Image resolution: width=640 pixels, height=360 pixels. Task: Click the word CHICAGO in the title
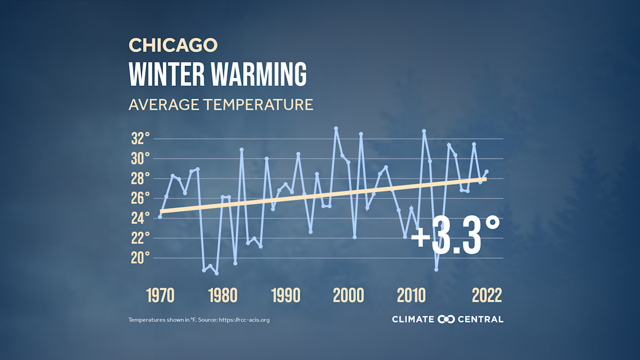173,45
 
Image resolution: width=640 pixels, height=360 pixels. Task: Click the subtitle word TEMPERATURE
258,105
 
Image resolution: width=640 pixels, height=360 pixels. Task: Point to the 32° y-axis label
140,139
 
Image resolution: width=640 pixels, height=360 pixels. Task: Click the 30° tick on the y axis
140,159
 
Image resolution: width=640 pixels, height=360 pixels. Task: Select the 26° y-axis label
140,198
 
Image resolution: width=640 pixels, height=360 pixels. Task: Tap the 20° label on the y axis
140,258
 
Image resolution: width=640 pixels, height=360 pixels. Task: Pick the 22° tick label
140,238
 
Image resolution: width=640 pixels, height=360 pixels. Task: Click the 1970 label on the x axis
160,295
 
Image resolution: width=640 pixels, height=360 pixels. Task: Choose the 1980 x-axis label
223,295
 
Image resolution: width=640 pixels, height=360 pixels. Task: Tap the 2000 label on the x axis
348,295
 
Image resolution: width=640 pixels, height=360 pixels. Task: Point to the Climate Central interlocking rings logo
446,319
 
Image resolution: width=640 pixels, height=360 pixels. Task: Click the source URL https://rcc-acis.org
247,320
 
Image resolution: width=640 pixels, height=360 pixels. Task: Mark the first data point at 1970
160,217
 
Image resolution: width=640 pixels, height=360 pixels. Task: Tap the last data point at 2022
486,172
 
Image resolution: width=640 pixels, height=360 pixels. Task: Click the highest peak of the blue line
336,129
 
